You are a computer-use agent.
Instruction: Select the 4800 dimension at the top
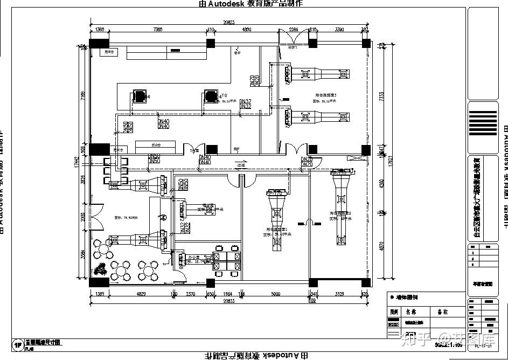[247, 29]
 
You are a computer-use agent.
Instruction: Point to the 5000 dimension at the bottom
[275, 294]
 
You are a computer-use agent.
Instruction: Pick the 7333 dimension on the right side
[382, 97]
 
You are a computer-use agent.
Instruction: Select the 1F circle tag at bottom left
[18, 345]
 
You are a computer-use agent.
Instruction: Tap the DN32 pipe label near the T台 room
[245, 103]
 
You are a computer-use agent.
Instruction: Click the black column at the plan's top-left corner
[99, 44]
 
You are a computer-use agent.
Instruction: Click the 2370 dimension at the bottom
[191, 294]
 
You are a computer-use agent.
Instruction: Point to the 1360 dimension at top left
[100, 29]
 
